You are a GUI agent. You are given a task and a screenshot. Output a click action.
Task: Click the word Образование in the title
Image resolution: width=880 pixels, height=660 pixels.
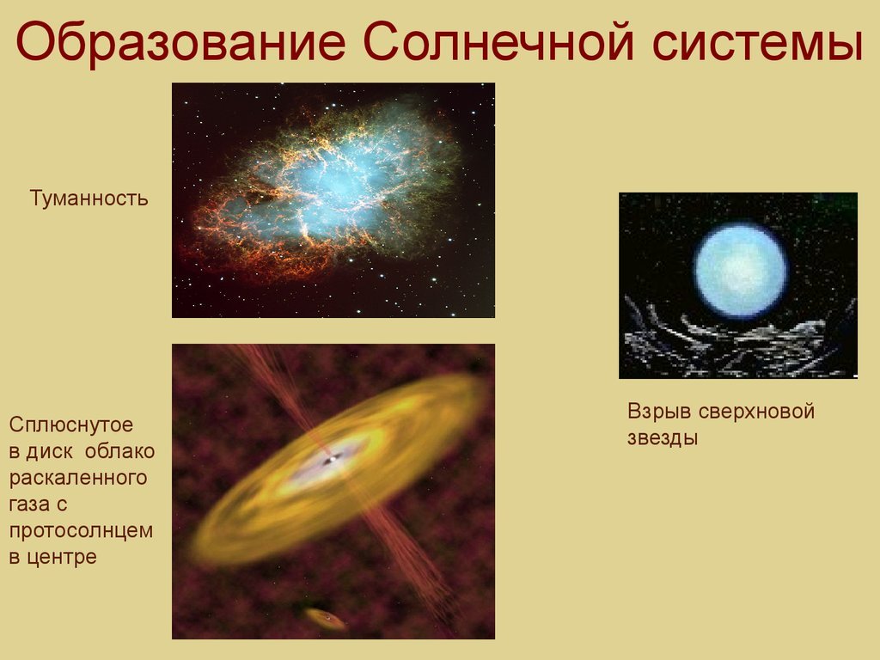coord(180,43)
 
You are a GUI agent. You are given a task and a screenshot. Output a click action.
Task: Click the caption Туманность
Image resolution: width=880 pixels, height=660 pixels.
coord(89,199)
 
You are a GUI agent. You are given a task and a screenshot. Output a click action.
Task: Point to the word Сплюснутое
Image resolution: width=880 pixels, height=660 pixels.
coord(71,425)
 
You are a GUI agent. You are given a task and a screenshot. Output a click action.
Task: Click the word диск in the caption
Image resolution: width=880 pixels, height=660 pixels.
coord(49,452)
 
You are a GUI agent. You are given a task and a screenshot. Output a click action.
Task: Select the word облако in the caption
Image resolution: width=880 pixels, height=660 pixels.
coord(120,451)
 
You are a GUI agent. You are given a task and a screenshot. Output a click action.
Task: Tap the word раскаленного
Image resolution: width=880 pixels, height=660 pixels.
coord(78,478)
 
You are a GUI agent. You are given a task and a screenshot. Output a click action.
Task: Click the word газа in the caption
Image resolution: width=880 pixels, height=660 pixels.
coord(32,504)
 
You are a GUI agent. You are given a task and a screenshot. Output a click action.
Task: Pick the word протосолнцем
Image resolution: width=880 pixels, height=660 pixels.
coord(81,531)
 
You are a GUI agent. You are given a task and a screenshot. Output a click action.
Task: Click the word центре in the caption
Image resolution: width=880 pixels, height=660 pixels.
coord(61,557)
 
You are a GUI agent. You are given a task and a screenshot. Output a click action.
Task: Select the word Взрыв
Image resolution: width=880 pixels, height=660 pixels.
coord(659,412)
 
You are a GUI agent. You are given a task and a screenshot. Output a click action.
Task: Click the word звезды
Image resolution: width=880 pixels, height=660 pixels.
coord(663,438)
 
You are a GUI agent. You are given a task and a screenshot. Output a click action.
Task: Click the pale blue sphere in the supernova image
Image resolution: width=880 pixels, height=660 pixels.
coord(741,271)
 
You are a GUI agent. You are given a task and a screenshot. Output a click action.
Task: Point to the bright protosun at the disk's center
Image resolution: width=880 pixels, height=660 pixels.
coord(331,460)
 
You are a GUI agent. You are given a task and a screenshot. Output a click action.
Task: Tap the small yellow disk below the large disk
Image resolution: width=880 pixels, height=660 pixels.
coord(326,619)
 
